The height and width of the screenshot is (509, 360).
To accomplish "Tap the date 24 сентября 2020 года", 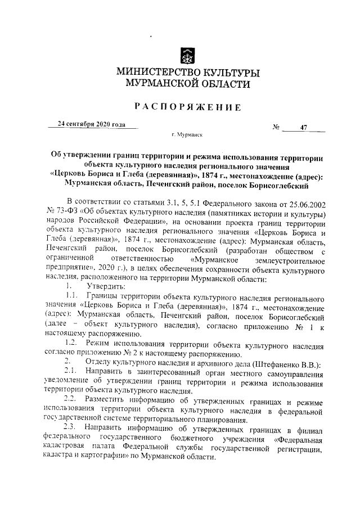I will click(x=91, y=124).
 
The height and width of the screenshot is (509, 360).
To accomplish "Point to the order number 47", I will click(x=303, y=128).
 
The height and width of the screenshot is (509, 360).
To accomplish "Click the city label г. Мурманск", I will click(x=187, y=136).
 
